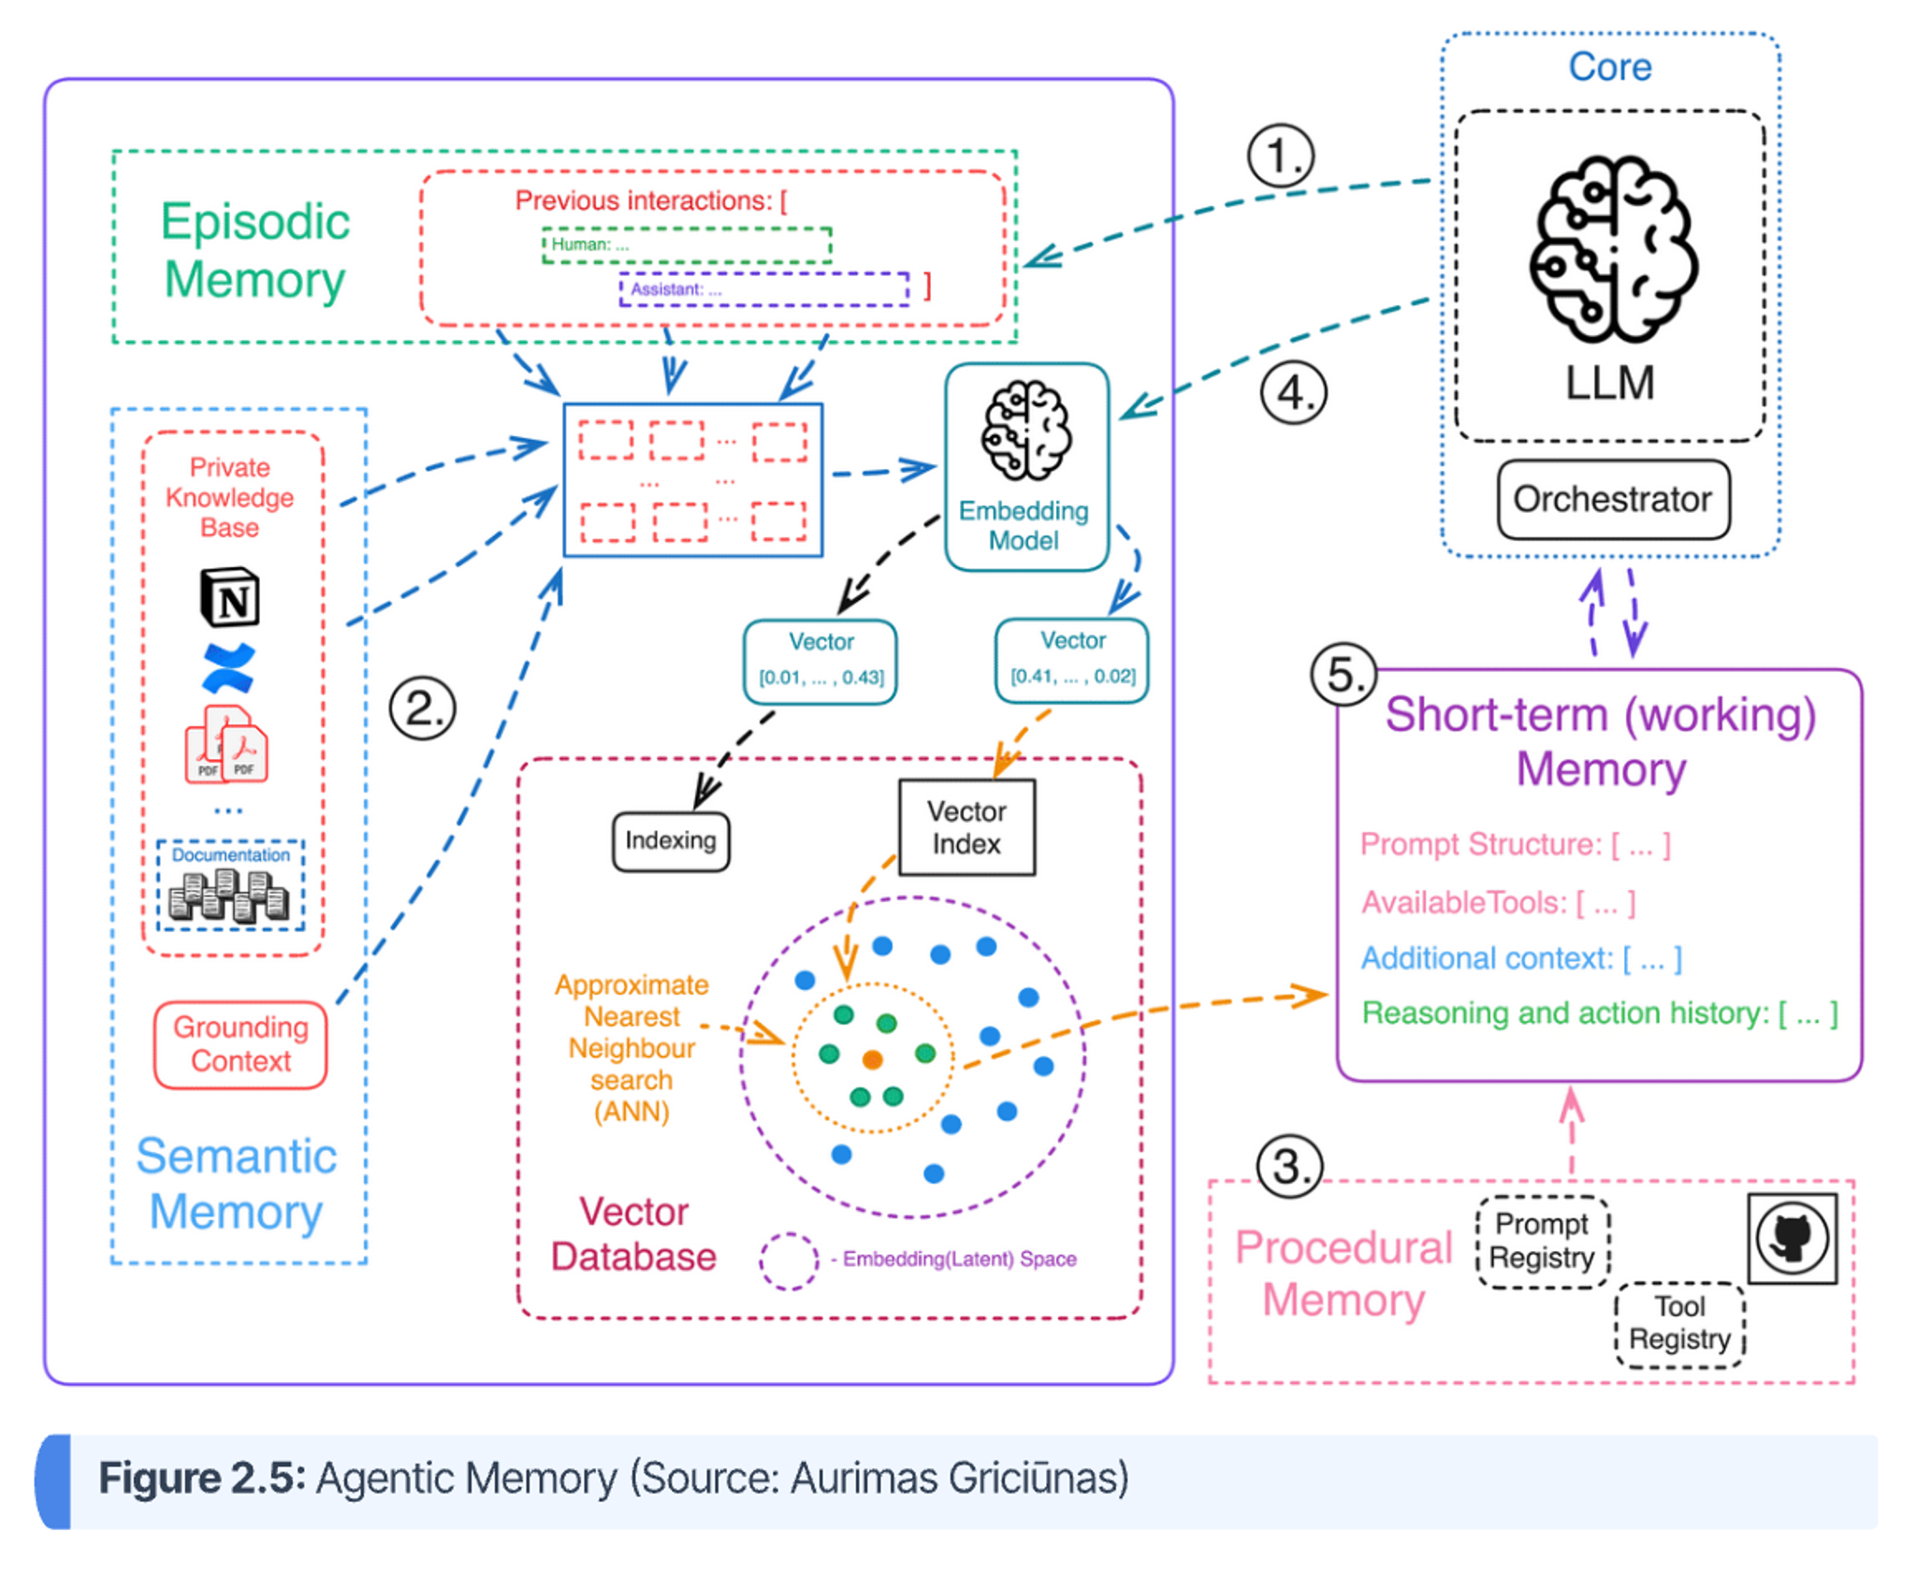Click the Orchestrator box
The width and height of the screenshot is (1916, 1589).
tap(1612, 499)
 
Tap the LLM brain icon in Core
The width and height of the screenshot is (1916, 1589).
tap(1612, 248)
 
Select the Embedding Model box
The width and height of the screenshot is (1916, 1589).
tap(1026, 467)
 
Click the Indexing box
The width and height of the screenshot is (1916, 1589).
tap(670, 840)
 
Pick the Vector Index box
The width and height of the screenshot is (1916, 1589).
tap(965, 827)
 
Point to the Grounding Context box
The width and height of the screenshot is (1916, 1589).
tap(240, 1043)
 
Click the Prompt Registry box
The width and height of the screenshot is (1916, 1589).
tap(1541, 1241)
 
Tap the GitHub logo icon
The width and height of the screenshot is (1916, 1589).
tap(1791, 1237)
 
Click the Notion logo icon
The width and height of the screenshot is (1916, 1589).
tap(230, 596)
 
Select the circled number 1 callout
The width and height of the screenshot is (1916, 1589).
tap(1280, 156)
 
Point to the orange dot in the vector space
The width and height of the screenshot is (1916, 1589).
tap(872, 1059)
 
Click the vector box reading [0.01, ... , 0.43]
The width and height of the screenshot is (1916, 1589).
tap(820, 661)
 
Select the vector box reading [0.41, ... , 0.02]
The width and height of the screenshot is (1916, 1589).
tap(1071, 659)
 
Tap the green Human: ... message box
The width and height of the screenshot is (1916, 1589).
tap(686, 245)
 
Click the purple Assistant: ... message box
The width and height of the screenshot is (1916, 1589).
tap(763, 289)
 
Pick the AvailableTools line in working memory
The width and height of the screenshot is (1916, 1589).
tap(1498, 902)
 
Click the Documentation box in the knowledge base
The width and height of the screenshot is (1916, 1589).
tap(230, 884)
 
